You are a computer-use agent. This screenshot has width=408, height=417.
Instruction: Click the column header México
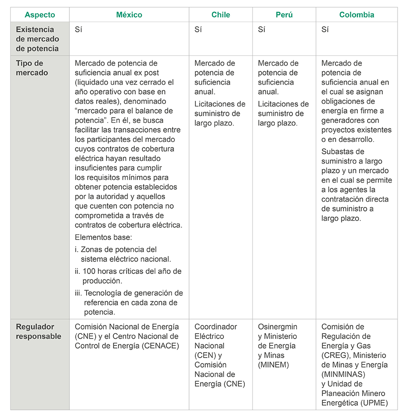(x=129, y=15)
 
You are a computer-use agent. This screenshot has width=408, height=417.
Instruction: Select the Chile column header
(x=221, y=15)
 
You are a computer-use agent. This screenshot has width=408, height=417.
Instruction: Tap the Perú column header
(x=284, y=15)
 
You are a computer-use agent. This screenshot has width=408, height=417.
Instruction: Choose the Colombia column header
(x=357, y=15)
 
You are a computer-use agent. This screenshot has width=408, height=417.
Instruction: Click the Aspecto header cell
(x=40, y=15)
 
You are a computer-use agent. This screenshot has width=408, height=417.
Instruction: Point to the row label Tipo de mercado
(x=32, y=68)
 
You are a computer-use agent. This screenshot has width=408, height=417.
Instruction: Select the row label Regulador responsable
(x=39, y=331)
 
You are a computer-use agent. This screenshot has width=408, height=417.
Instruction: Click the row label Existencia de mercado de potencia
(x=37, y=39)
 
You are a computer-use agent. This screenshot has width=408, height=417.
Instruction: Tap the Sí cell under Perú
(x=262, y=30)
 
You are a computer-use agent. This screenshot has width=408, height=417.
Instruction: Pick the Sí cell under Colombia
(x=325, y=30)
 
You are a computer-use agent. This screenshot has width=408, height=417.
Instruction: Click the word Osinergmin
(x=277, y=327)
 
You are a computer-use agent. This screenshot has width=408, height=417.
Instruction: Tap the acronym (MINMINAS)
(x=343, y=374)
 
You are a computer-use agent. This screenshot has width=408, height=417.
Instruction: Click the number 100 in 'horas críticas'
(x=89, y=271)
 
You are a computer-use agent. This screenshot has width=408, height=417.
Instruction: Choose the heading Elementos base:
(x=103, y=238)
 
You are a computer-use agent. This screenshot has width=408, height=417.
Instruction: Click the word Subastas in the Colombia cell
(x=336, y=152)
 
